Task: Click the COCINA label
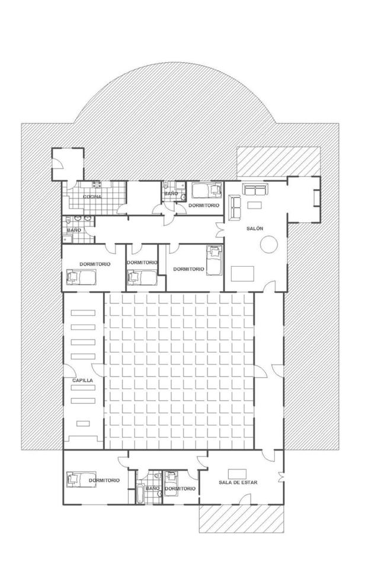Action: pyautogui.click(x=92, y=197)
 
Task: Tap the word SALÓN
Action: pyautogui.click(x=255, y=229)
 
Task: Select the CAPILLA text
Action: pyautogui.click(x=82, y=381)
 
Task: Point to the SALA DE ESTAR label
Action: pyautogui.click(x=238, y=482)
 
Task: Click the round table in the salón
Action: pyautogui.click(x=269, y=244)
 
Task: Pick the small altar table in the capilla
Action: pyautogui.click(x=83, y=423)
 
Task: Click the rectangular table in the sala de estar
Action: pyautogui.click(x=237, y=474)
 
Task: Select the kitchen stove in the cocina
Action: pyautogui.click(x=96, y=185)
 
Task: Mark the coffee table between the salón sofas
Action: pyautogui.click(x=254, y=205)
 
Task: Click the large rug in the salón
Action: pyautogui.click(x=242, y=274)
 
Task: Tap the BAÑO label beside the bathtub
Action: pyautogui.click(x=152, y=488)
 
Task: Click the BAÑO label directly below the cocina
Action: pyautogui.click(x=74, y=230)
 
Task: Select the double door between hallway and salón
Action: pyautogui.click(x=220, y=230)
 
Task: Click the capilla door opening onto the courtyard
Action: pyautogui.click(x=98, y=370)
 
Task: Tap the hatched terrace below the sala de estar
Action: pyautogui.click(x=241, y=518)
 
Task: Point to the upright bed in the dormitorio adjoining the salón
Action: pyautogui.click(x=214, y=260)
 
